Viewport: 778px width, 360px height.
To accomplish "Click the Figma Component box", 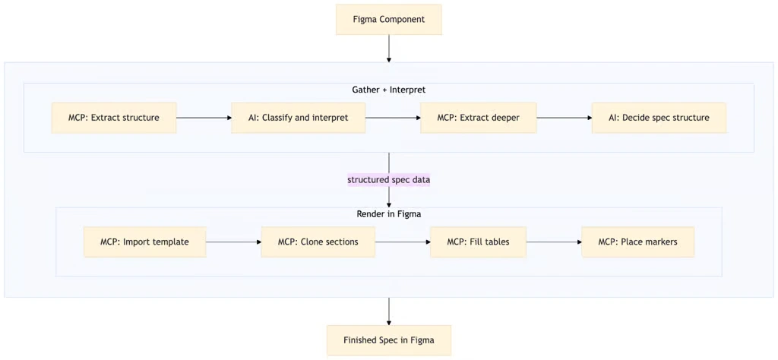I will coord(388,19).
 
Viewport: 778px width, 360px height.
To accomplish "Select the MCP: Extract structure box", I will coord(114,118).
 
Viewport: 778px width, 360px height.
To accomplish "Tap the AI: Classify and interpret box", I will coord(299,118).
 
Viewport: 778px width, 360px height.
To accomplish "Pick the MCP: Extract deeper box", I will coord(478,118).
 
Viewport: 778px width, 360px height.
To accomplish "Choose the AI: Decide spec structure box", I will coord(659,118).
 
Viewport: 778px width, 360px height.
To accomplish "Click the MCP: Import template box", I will coord(144,242).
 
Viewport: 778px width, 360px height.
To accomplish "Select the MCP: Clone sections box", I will coord(318,242).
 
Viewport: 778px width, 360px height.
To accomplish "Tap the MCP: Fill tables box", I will coord(478,242).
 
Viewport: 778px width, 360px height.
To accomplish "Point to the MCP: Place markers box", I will coord(637,242).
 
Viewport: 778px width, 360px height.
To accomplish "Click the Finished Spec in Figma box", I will coord(388,340).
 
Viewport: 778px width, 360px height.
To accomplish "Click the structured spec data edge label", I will coord(389,180).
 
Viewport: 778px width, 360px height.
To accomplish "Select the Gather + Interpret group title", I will coord(388,90).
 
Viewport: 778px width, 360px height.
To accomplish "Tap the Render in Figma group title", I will coord(388,214).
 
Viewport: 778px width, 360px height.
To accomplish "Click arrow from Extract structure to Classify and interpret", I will coord(204,118).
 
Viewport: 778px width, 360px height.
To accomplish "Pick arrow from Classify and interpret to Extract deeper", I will coord(393,118).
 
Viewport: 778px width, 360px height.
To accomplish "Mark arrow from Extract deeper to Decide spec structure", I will coord(564,118).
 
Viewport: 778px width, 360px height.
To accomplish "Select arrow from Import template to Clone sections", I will coord(233,242).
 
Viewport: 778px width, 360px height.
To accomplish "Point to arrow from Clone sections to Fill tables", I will coord(402,242).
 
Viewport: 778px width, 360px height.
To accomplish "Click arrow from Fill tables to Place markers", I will coord(553,242).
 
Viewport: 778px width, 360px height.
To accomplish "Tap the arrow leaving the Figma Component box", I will coord(388,49).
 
